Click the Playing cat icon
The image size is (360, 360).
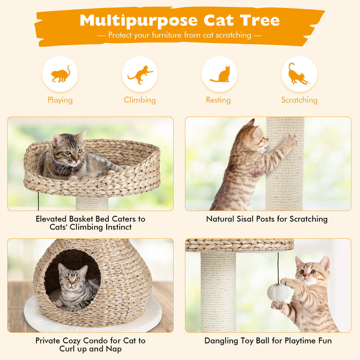60,74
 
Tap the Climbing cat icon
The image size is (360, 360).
140,74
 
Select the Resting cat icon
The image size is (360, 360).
220,74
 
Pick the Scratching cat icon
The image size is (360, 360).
299,74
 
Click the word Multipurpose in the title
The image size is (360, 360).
139,20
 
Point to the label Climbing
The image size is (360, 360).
140,100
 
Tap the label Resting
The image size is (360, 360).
218,100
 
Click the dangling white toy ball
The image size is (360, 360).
279,292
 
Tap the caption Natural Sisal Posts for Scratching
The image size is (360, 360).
267,219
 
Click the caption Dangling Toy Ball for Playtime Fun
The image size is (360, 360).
268,341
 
